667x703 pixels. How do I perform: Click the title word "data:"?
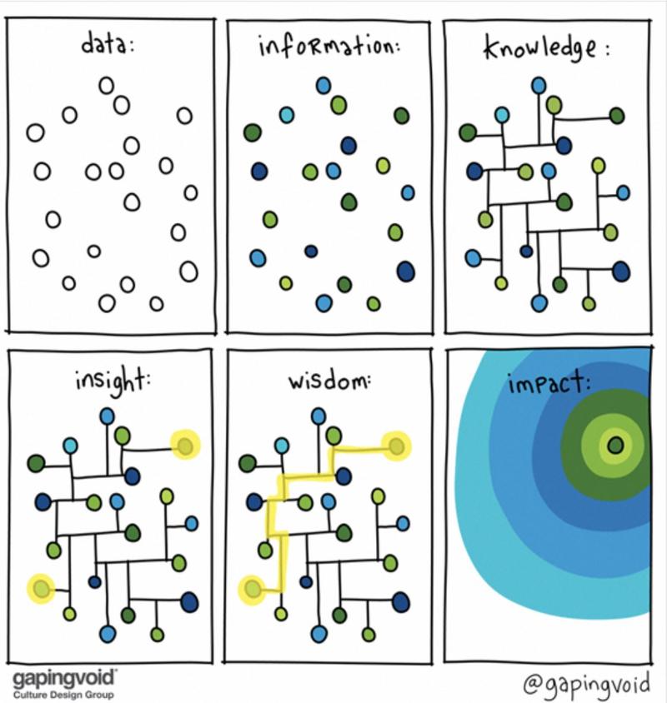coord(108,44)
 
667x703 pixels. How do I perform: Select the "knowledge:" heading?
coord(546,46)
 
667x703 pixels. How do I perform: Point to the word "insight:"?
coord(107,382)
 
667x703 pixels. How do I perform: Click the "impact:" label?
coord(543,384)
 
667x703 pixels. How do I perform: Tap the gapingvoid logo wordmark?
coord(64,675)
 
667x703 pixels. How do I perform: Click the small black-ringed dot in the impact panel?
coord(615,446)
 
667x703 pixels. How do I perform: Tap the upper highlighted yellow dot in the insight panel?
coord(185,446)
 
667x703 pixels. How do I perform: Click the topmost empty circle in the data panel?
coord(106,84)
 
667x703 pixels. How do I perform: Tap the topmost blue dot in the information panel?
coord(324,85)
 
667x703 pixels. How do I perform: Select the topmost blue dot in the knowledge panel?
coord(539,85)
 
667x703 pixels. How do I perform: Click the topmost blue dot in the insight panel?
coord(108,415)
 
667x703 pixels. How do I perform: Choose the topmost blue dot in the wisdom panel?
coord(319,415)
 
